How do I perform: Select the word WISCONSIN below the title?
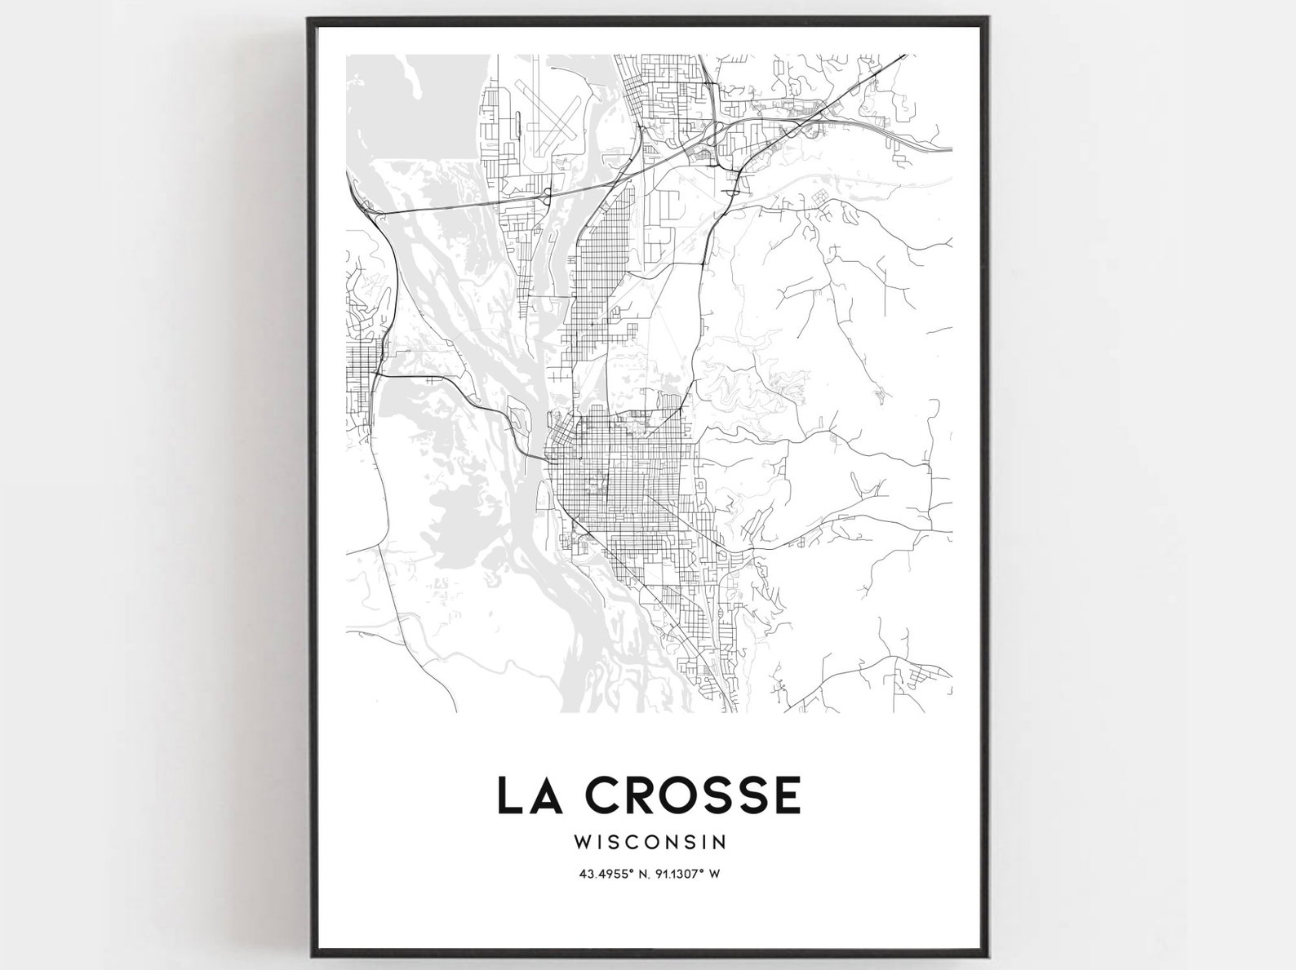(649, 839)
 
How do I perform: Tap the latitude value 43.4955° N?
(613, 874)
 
